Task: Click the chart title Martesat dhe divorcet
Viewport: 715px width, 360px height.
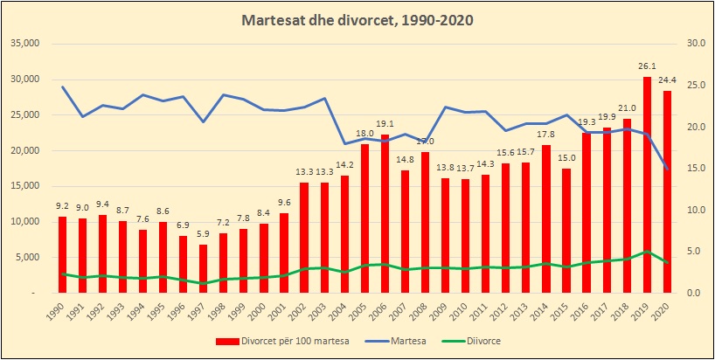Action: click(357, 20)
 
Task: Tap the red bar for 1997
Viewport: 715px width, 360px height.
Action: click(204, 268)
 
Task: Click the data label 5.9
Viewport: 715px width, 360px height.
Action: click(204, 234)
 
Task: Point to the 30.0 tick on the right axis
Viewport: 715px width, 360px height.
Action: click(697, 44)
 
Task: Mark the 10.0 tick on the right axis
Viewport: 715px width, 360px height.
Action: click(697, 210)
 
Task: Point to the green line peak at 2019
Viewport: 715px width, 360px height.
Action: click(647, 252)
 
